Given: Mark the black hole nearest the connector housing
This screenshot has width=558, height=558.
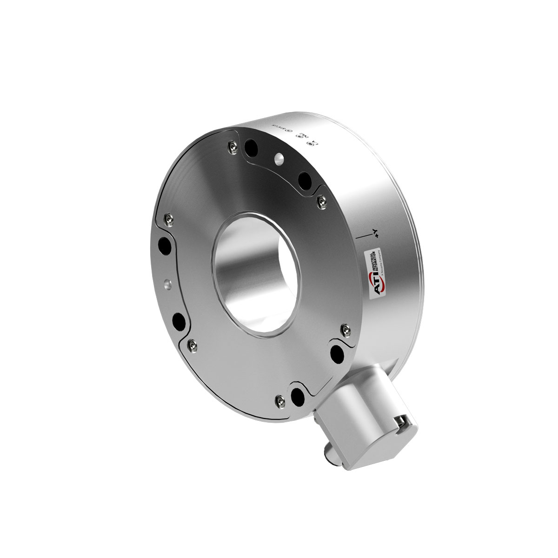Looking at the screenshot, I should [296, 395].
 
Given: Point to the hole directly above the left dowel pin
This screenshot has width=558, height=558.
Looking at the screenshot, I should [164, 244].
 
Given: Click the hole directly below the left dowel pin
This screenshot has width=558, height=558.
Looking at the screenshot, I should [178, 320].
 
